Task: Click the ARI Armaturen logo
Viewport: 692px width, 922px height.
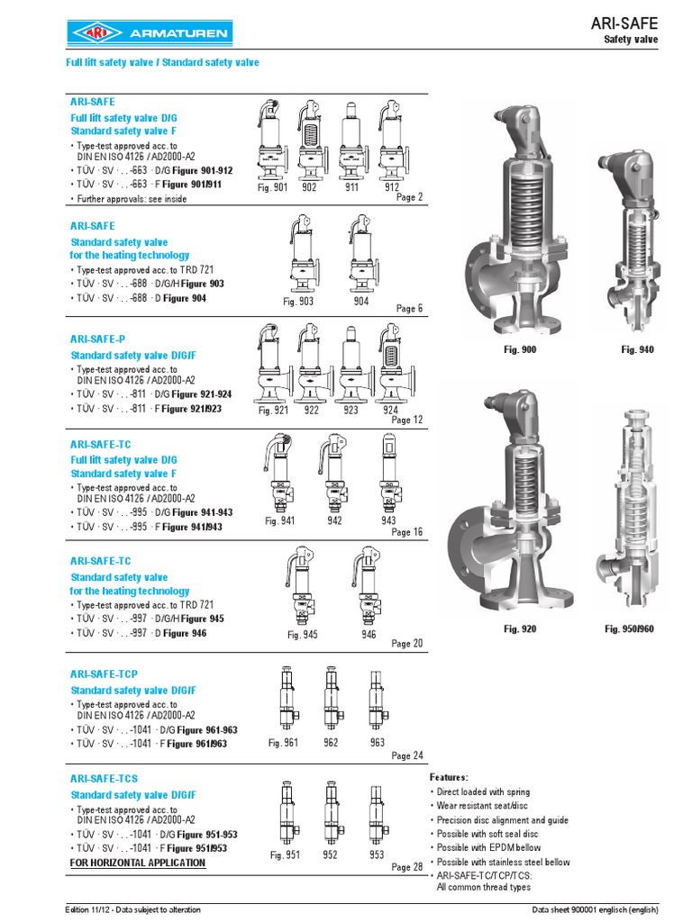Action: [x=150, y=34]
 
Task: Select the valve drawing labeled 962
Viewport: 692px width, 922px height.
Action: [x=331, y=698]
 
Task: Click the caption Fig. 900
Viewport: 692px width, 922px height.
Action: [x=519, y=349]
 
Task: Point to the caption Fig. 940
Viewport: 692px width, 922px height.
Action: [x=637, y=349]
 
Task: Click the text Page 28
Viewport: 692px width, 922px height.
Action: [x=406, y=867]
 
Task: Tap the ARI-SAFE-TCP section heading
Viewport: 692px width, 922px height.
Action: [x=105, y=674]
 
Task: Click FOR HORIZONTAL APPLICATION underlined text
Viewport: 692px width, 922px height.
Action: [x=138, y=863]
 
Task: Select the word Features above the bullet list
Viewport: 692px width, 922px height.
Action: [x=449, y=777]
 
